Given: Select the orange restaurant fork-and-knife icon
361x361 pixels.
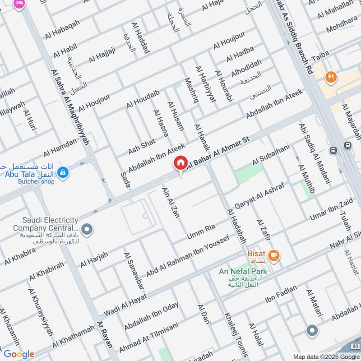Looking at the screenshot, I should pos(332,77).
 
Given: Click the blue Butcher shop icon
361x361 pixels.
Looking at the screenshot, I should pos(63,172).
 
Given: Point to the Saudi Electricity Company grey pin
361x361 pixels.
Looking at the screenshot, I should pos(87,230).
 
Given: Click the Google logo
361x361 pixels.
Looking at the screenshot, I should pos(19,354).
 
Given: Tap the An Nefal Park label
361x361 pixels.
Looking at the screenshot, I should pos(243,271).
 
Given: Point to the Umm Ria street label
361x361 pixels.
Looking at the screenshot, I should pos(201,233).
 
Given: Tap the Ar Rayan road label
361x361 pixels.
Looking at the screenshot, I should pos(104,334).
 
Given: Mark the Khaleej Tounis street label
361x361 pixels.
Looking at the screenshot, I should pos(236,334).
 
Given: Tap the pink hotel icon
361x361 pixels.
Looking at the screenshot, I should pos(19,4).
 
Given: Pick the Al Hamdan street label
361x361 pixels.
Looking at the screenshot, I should pos(60,148).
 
